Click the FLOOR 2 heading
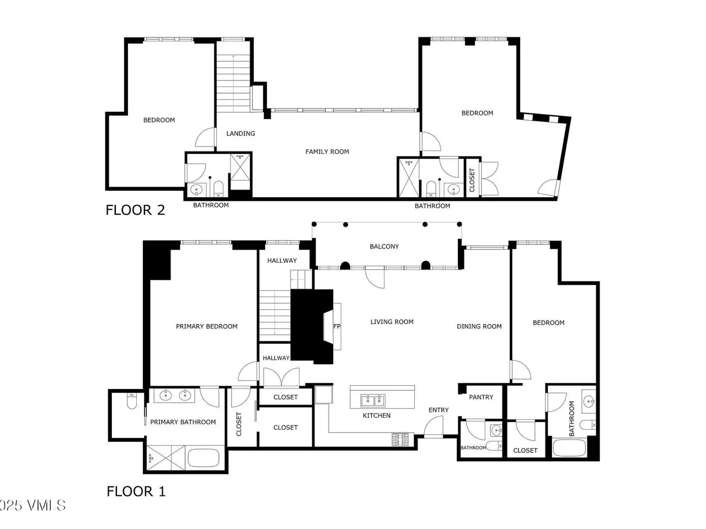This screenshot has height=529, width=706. point(135,210)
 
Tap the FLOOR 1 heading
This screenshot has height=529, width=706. point(136,492)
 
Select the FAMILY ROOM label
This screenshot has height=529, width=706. point(327,152)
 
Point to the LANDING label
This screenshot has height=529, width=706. point(240,133)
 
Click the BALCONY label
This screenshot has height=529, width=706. point(384,246)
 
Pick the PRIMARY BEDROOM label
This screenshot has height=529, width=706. point(206,326)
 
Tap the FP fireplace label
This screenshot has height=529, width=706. point(337,326)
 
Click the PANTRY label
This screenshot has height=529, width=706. point(481,397)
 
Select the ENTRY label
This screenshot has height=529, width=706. point(438,410)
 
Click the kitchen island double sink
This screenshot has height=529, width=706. point(373,401)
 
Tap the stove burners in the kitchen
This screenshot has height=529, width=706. point(400,439)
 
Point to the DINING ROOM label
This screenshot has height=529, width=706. point(479,326)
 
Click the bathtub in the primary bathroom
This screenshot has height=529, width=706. point(204,458)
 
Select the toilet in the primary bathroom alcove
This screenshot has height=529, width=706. point(131,401)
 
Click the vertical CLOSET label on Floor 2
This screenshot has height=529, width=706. point(472,180)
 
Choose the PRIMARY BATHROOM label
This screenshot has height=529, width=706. point(183,422)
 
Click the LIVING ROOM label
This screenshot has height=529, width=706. point(392,322)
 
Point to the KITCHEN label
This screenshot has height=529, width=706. point(376,415)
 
